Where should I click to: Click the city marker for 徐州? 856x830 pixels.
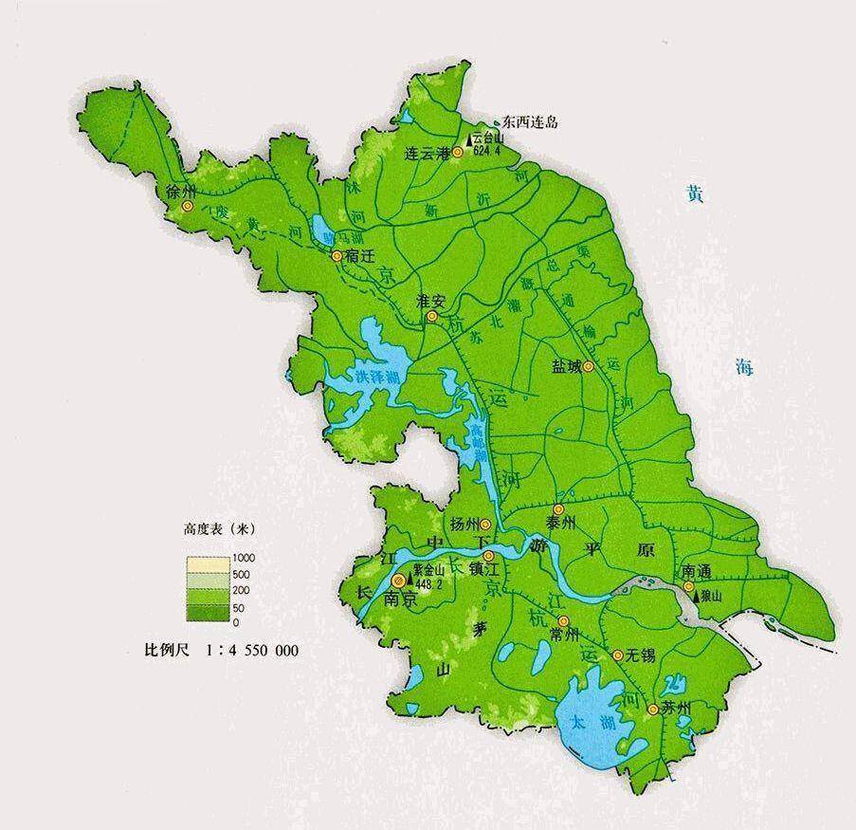pyautogui.click(x=188, y=206)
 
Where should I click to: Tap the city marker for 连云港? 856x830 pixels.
pyautogui.click(x=457, y=152)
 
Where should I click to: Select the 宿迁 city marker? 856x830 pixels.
pyautogui.click(x=337, y=256)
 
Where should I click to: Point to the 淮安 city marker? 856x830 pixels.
pyautogui.click(x=432, y=316)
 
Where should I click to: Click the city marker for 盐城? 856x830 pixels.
pyautogui.click(x=588, y=367)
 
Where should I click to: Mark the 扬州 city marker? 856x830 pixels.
pyautogui.click(x=485, y=524)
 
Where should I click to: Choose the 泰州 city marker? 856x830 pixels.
pyautogui.click(x=558, y=508)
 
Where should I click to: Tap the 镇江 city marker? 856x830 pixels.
pyautogui.click(x=488, y=557)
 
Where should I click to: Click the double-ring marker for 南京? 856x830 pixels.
pyautogui.click(x=398, y=581)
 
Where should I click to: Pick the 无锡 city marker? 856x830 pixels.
pyautogui.click(x=618, y=655)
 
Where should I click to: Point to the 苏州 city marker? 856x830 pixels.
pyautogui.click(x=652, y=709)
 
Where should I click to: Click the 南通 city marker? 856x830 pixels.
pyautogui.click(x=688, y=586)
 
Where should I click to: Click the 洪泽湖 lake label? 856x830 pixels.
pyautogui.click(x=374, y=377)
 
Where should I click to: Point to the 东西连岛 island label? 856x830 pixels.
pyautogui.click(x=529, y=121)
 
